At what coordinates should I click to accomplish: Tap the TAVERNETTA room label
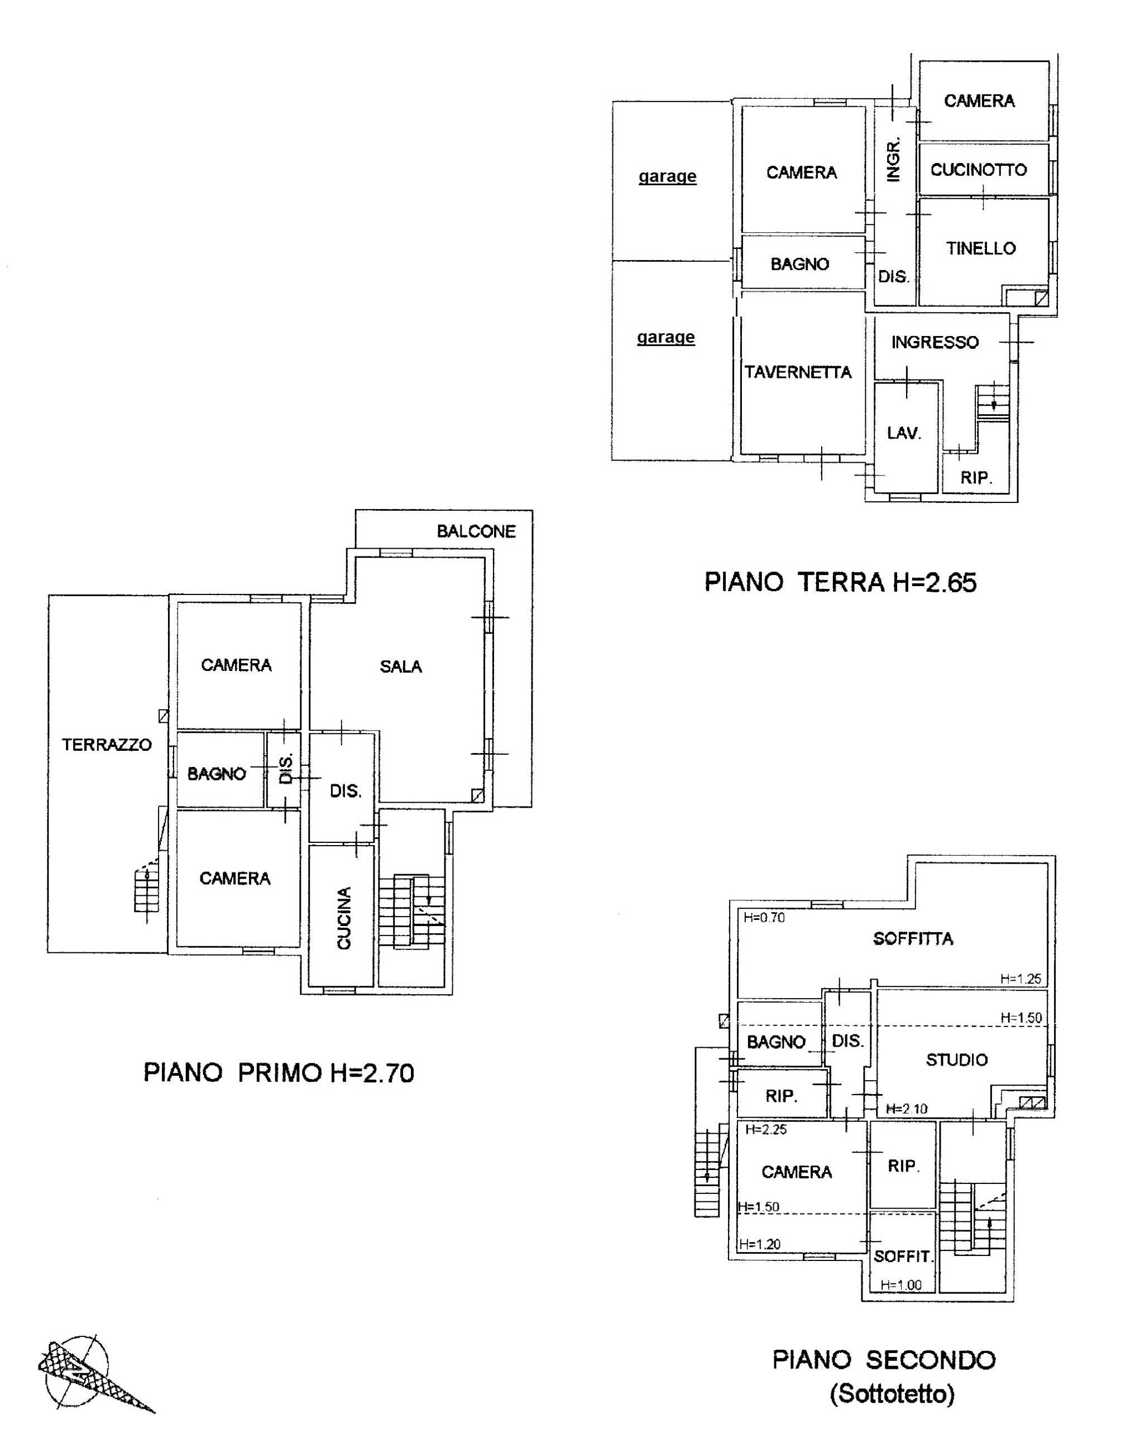pyautogui.click(x=798, y=372)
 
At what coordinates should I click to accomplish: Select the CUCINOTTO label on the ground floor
pyautogui.click(x=979, y=170)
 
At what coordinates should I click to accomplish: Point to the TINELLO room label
pyautogui.click(x=980, y=248)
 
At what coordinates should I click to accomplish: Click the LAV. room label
pyautogui.click(x=904, y=434)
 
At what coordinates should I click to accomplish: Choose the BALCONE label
pyautogui.click(x=476, y=531)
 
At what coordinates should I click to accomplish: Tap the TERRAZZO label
pyautogui.click(x=107, y=745)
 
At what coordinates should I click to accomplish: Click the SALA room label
pyautogui.click(x=400, y=667)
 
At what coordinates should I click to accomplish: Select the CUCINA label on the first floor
pyautogui.click(x=344, y=918)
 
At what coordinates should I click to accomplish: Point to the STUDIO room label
pyautogui.click(x=957, y=1060)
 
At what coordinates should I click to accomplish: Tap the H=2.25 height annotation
pyautogui.click(x=766, y=1129)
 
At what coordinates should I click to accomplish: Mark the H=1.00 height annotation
pyautogui.click(x=901, y=1285)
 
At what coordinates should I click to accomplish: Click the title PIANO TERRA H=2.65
pyautogui.click(x=840, y=582)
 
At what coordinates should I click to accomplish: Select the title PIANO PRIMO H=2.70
pyautogui.click(x=279, y=1073)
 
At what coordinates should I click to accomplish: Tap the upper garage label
pyautogui.click(x=668, y=176)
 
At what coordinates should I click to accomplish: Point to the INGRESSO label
pyautogui.click(x=935, y=342)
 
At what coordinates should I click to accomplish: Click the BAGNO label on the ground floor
pyautogui.click(x=799, y=265)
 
